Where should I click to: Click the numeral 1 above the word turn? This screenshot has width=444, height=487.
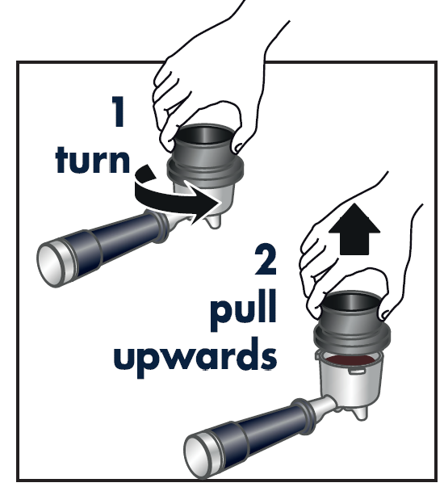click(119, 111)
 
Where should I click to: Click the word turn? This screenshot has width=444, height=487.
click(92, 159)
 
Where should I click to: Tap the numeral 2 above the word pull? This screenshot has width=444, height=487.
click(266, 259)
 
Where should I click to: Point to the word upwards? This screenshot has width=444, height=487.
click(195, 357)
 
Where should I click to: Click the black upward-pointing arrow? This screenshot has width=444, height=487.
click(354, 230)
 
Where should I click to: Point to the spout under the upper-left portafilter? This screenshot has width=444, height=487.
click(213, 220)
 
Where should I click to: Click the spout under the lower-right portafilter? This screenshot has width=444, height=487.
click(360, 413)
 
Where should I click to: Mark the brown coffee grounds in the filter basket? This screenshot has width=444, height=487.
click(350, 360)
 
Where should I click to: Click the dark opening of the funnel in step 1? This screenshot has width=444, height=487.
click(204, 134)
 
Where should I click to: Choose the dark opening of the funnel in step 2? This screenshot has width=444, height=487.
click(351, 301)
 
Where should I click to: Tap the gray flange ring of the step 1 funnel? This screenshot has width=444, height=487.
click(205, 171)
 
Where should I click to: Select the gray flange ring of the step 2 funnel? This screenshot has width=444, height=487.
click(352, 338)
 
